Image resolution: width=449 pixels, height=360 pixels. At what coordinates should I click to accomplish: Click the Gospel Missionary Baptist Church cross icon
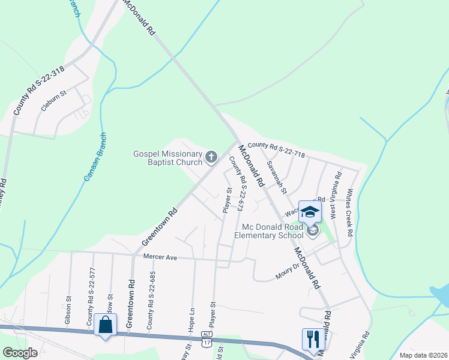[x=211, y=157]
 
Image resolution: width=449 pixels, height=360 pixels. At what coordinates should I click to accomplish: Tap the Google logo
[x=20, y=353]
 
